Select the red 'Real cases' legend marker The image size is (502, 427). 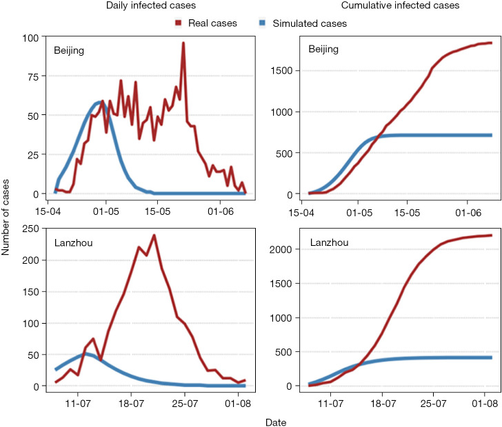(x=178, y=23)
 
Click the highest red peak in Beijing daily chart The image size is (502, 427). (x=183, y=43)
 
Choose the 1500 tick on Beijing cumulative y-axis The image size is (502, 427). (x=286, y=71)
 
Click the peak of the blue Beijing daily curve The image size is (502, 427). (x=99, y=103)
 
